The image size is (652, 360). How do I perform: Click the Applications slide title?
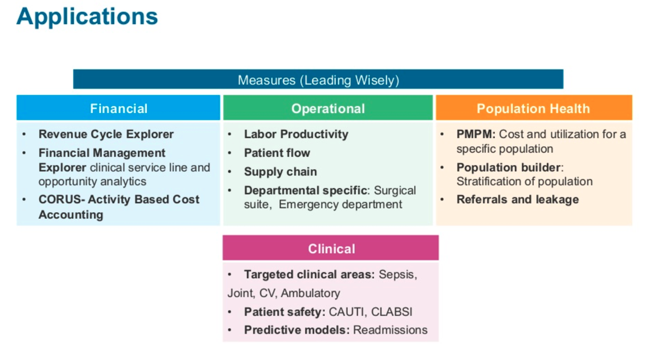[x=87, y=17]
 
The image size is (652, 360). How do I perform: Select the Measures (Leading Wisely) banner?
[x=318, y=80]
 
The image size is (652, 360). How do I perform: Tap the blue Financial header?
[x=119, y=109]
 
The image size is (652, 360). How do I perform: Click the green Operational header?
[x=328, y=109]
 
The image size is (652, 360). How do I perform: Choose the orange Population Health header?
[x=533, y=109]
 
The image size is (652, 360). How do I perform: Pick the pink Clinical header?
[x=331, y=249]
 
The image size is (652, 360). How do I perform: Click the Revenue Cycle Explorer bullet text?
[x=106, y=134]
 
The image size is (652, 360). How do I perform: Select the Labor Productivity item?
[x=296, y=134]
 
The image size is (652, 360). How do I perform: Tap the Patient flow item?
[x=277, y=153]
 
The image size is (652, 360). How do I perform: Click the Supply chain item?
[x=280, y=172]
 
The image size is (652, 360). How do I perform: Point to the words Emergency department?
[x=340, y=204]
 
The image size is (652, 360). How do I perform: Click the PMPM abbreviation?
[x=476, y=134]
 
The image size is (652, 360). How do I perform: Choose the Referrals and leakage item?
[x=518, y=200]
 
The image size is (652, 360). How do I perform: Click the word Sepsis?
[x=397, y=275]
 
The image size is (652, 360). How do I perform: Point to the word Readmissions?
[x=390, y=330]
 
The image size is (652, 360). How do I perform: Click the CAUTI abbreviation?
[x=347, y=312]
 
